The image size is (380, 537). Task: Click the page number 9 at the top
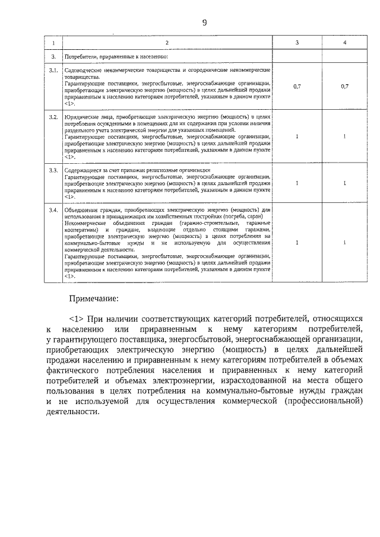coord(204,23)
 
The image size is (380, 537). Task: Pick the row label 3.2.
coord(53,118)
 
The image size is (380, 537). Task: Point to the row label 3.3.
coord(53,170)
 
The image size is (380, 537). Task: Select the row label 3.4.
coord(53,211)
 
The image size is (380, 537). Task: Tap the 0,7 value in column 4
coord(344,87)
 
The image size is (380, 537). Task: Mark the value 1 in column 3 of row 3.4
coord(297,243)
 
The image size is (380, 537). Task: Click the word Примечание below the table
coord(93,297)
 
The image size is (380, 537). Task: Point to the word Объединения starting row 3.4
coord(81,211)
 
